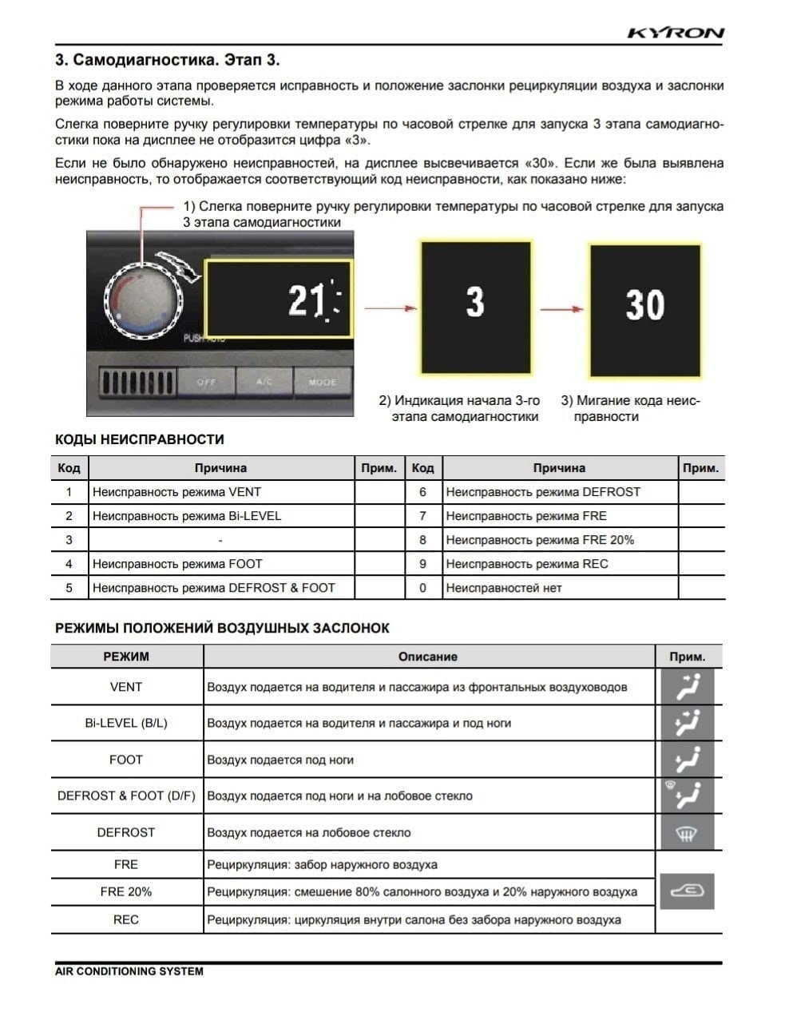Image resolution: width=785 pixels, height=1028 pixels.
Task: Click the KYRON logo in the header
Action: (x=676, y=33)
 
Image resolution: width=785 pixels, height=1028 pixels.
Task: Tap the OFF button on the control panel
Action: (x=206, y=382)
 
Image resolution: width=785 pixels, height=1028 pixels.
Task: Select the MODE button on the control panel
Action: (x=322, y=382)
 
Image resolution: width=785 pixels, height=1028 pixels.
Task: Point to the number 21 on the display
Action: (x=306, y=301)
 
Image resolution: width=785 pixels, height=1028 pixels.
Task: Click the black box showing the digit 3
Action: (x=475, y=308)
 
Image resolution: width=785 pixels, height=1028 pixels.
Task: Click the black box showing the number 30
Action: (x=644, y=310)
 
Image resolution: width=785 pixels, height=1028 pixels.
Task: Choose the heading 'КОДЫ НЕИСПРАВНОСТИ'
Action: (x=139, y=439)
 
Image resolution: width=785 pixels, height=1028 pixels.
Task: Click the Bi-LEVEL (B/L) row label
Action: (x=126, y=723)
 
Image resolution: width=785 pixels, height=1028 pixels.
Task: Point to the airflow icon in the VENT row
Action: (x=687, y=686)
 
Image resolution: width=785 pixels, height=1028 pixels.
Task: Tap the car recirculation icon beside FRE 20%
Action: (x=687, y=891)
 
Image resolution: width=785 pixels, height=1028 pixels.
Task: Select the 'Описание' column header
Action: (x=427, y=657)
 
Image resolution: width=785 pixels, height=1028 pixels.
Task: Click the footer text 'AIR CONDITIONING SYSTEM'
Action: (x=129, y=971)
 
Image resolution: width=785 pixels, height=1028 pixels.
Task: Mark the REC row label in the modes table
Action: (x=126, y=919)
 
